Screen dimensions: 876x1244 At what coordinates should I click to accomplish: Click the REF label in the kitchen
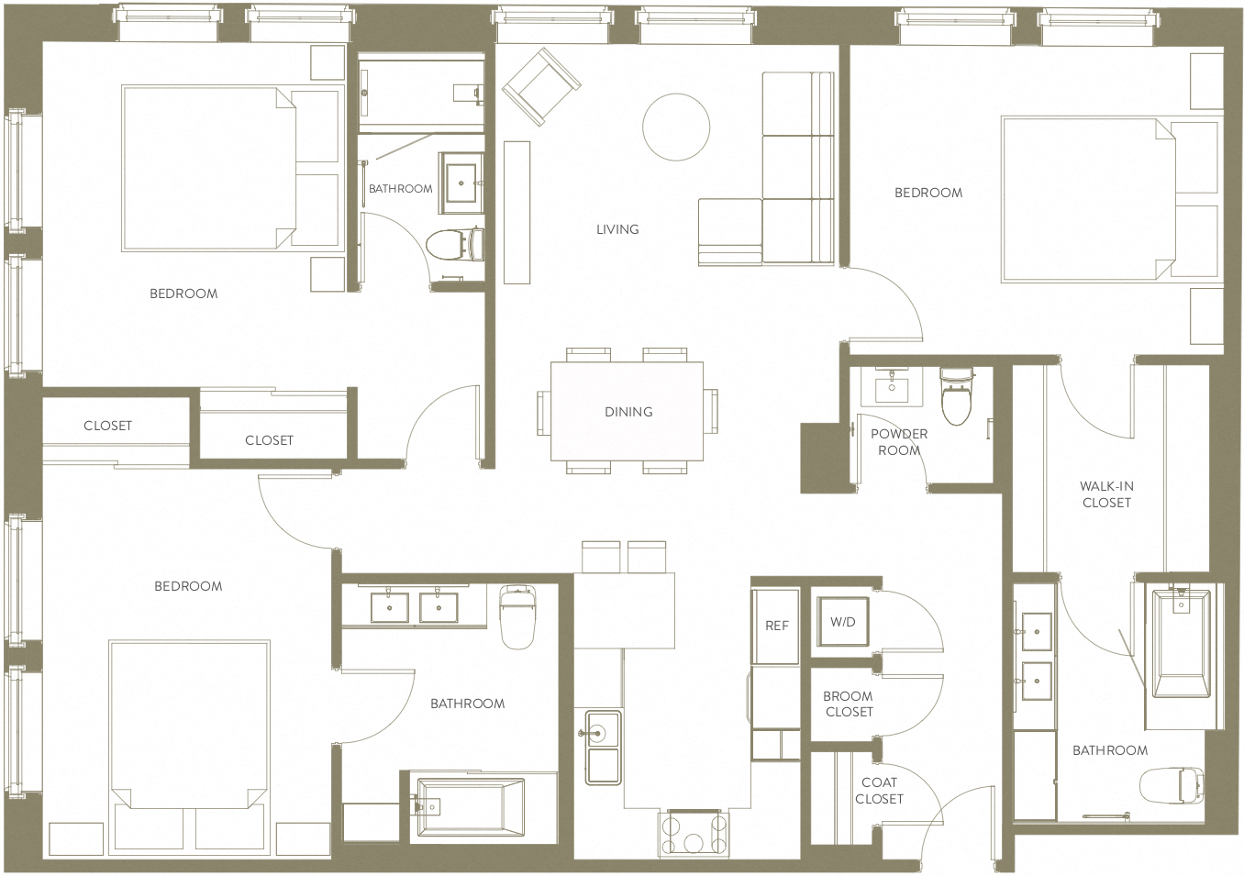click(x=776, y=626)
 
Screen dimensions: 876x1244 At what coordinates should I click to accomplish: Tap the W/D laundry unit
click(x=843, y=622)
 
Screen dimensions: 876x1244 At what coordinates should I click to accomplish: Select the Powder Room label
click(x=899, y=442)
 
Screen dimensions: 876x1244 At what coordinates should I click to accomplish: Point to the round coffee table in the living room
click(x=676, y=128)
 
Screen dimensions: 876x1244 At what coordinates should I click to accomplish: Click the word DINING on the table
click(x=628, y=412)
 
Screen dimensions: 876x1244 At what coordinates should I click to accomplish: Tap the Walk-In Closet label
click(x=1106, y=494)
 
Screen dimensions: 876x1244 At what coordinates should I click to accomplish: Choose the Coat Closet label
click(x=879, y=791)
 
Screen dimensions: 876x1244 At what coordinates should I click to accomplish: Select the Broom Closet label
click(x=849, y=704)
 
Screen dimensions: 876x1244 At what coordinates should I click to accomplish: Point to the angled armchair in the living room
click(x=541, y=87)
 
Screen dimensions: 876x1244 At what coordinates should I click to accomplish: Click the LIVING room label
click(x=617, y=229)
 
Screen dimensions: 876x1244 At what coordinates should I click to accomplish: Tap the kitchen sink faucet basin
click(x=603, y=733)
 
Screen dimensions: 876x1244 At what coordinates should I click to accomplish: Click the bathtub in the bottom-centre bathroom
click(x=471, y=807)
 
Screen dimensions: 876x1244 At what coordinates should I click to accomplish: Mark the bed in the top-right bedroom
click(x=1088, y=198)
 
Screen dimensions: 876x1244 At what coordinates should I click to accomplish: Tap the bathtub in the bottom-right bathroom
click(x=1180, y=644)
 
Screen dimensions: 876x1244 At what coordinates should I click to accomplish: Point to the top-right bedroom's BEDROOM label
click(x=928, y=193)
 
